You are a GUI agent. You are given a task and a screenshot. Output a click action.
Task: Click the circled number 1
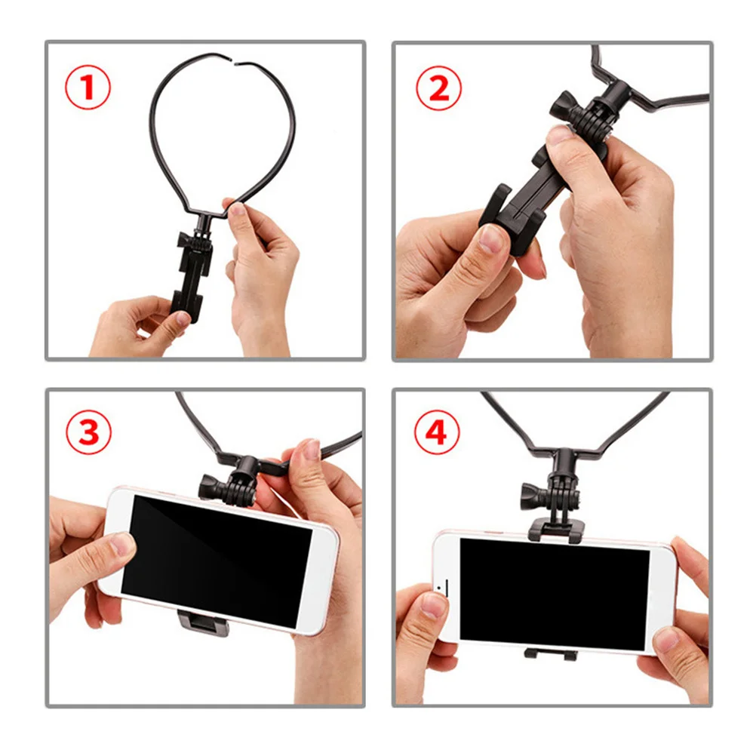point(88,88)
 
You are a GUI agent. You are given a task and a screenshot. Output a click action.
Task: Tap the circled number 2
point(438,88)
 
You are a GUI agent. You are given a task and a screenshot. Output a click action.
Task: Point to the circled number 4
point(437,436)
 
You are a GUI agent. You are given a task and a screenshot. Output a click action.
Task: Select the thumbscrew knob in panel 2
point(565,105)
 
